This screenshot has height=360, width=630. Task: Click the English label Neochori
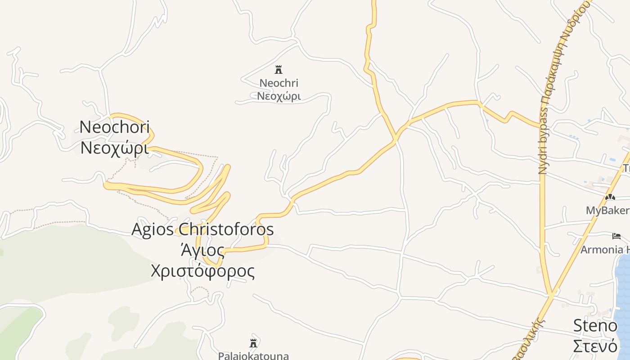[114, 127]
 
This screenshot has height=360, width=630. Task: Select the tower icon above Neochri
[279, 69]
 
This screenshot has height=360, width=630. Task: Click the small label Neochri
[279, 83]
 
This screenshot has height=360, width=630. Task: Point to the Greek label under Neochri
[279, 96]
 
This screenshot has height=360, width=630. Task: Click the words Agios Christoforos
[202, 229]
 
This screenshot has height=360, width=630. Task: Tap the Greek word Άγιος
[202, 250]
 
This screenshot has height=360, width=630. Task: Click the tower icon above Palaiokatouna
[253, 343]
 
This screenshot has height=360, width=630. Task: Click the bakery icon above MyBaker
[610, 197]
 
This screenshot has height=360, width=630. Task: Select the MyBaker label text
[607, 211]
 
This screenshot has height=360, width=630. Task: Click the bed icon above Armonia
[616, 236]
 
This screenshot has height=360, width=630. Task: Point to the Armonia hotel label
[605, 250]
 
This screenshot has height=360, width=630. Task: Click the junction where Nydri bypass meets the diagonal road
[550, 295]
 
